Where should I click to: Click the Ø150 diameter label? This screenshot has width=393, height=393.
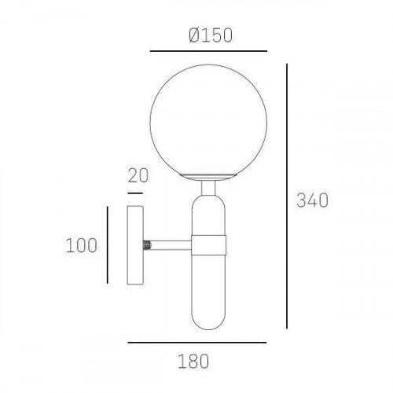[211, 35]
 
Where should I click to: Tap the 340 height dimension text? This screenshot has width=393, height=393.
[312, 200]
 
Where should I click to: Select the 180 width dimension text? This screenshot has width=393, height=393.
[193, 362]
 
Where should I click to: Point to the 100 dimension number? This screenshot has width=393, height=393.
[81, 245]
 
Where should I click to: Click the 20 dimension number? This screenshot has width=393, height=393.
[138, 175]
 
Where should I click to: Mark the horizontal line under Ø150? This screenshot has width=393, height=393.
[208, 51]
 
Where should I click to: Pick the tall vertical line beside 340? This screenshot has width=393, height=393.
[287, 196]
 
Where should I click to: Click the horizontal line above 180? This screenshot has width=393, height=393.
[197, 342]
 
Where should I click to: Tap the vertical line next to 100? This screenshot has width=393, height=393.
[108, 245]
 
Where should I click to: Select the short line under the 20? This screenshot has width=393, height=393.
[135, 193]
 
